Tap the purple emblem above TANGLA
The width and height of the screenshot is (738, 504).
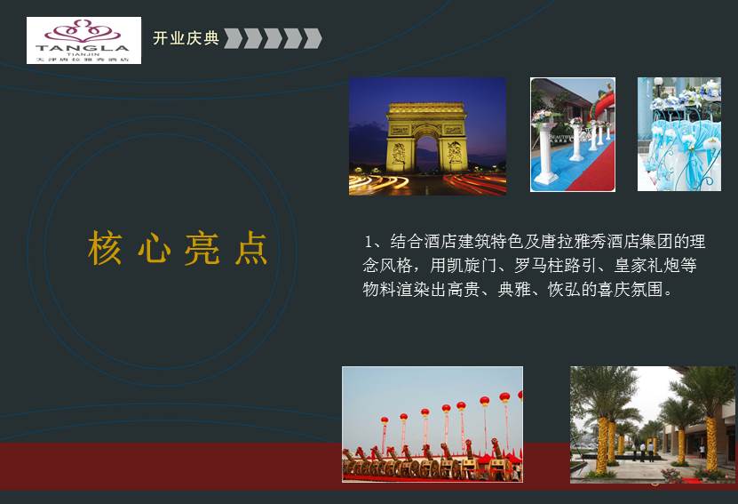83,30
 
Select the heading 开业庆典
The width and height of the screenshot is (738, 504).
186,38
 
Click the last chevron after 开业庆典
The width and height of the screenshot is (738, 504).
313,38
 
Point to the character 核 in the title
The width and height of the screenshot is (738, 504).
105,249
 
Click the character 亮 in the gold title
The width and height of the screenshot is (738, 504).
202,249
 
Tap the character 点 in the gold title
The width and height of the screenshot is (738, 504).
251,249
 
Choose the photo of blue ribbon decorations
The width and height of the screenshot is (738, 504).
678,134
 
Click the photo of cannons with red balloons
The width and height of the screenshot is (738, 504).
432,424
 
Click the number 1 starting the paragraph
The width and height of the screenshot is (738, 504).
369,241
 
